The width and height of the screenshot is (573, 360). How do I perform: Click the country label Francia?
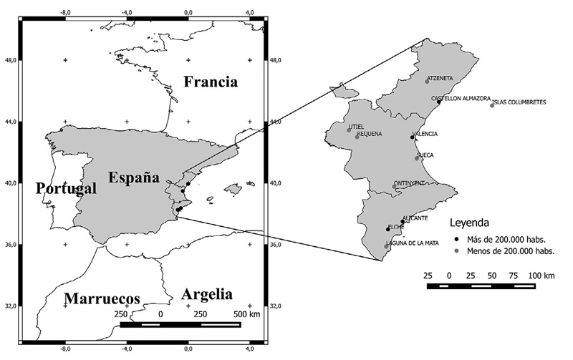[x=210, y=82]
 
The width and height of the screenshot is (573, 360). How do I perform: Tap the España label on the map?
[x=133, y=178]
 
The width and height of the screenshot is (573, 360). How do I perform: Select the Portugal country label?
[x=65, y=189]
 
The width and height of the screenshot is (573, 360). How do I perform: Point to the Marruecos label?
[x=101, y=298]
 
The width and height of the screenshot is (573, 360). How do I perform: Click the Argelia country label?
[x=207, y=294]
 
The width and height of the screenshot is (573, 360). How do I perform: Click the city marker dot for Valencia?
[x=412, y=137]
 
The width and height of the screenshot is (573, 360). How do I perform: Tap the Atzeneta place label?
[x=440, y=79]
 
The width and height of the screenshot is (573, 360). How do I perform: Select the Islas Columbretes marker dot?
[x=492, y=105]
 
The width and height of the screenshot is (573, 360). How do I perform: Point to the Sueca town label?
[x=425, y=155]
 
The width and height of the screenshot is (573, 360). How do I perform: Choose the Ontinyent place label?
[x=410, y=183]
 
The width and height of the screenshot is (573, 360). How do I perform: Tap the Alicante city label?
[x=415, y=218]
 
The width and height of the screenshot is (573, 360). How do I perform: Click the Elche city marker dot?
[x=387, y=229]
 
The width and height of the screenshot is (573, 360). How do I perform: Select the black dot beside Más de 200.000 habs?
[x=456, y=240]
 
